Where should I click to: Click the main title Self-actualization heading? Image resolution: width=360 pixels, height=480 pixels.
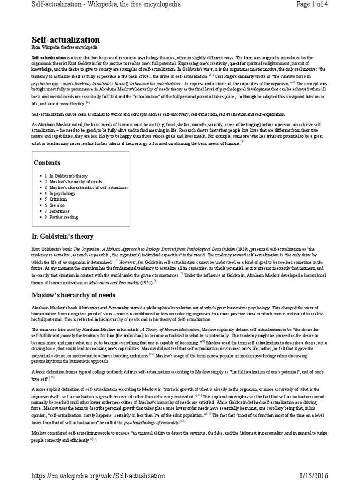66,40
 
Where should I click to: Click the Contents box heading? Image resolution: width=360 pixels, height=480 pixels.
47,163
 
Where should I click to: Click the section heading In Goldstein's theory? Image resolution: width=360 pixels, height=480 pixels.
62,236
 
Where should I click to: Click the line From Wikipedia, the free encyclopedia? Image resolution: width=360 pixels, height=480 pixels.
65,48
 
